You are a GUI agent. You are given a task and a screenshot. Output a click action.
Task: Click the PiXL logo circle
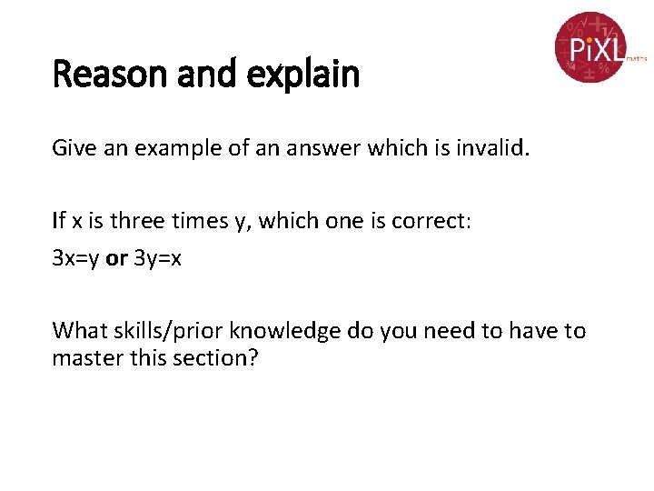tap(590, 46)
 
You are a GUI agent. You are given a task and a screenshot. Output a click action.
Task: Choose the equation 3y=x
tap(157, 258)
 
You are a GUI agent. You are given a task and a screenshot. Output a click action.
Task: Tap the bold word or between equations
tap(116, 258)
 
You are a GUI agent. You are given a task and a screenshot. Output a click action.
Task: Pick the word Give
tap(72, 147)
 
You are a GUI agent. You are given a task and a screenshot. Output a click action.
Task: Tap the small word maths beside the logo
tap(636, 57)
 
